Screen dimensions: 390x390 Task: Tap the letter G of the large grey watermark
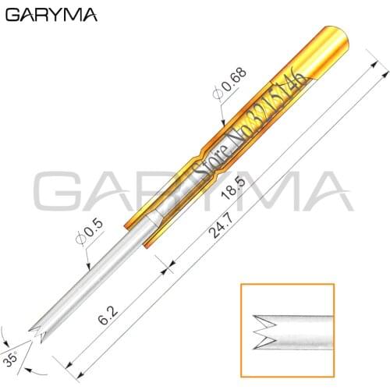58,192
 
